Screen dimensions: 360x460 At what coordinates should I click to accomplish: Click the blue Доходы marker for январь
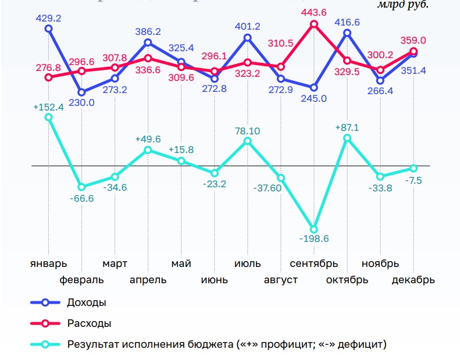[x=48, y=28]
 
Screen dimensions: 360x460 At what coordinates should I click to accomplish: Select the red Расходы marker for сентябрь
[x=314, y=24]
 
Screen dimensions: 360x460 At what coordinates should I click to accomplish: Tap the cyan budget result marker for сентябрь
[x=314, y=230]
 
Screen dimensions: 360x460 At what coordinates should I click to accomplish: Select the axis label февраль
[x=82, y=280]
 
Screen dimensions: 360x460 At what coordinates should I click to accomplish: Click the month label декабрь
[x=413, y=280]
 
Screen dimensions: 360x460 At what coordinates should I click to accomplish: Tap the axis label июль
[x=247, y=263]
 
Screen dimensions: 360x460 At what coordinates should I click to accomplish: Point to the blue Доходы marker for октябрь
[x=347, y=33]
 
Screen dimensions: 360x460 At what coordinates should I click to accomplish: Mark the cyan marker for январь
[x=48, y=117]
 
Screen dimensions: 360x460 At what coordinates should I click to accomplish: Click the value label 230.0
[x=82, y=103]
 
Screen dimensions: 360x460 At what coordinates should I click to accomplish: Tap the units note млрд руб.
[x=402, y=5]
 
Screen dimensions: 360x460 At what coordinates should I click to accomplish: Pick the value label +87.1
[x=348, y=127]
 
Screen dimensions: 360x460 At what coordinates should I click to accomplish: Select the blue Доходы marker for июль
[x=248, y=38]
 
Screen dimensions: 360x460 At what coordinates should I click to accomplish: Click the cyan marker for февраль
[x=81, y=187]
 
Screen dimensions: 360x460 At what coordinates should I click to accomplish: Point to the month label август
[x=280, y=280]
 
